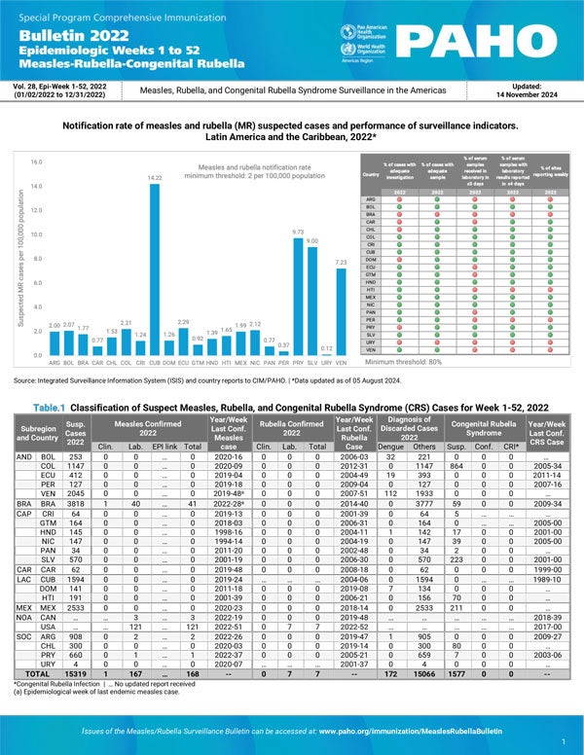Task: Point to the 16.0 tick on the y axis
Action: pyautogui.click(x=35, y=162)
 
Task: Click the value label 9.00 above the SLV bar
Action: pyautogui.click(x=312, y=240)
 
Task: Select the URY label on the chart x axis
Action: pyautogui.click(x=326, y=361)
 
